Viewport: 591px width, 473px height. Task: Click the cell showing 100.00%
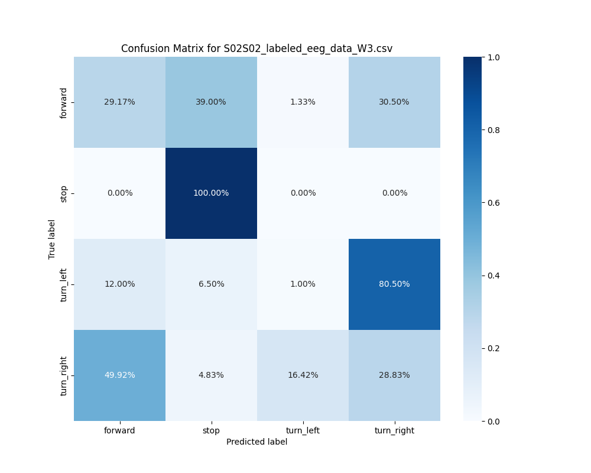point(211,193)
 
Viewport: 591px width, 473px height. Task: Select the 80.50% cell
point(394,284)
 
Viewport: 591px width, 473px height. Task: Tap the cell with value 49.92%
point(119,375)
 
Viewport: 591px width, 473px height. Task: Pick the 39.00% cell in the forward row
point(211,102)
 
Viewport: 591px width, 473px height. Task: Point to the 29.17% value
point(119,102)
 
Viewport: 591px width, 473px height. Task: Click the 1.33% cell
point(303,102)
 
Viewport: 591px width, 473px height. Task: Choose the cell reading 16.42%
point(303,375)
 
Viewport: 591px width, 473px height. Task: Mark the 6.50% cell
point(211,284)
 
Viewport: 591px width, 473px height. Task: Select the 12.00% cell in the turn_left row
point(119,284)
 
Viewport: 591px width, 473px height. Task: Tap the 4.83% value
point(211,375)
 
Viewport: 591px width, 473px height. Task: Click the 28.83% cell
point(394,375)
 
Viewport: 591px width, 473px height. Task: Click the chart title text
point(256,48)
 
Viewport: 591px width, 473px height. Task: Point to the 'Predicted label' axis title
point(256,442)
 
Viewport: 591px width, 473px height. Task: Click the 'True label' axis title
point(52,239)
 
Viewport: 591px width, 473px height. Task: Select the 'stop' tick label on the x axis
point(211,430)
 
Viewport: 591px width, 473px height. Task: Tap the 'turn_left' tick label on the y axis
point(64,284)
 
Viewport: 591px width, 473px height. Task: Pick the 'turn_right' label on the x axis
point(394,430)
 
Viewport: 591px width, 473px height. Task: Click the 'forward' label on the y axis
point(64,102)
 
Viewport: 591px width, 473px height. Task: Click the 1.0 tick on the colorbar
point(493,57)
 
